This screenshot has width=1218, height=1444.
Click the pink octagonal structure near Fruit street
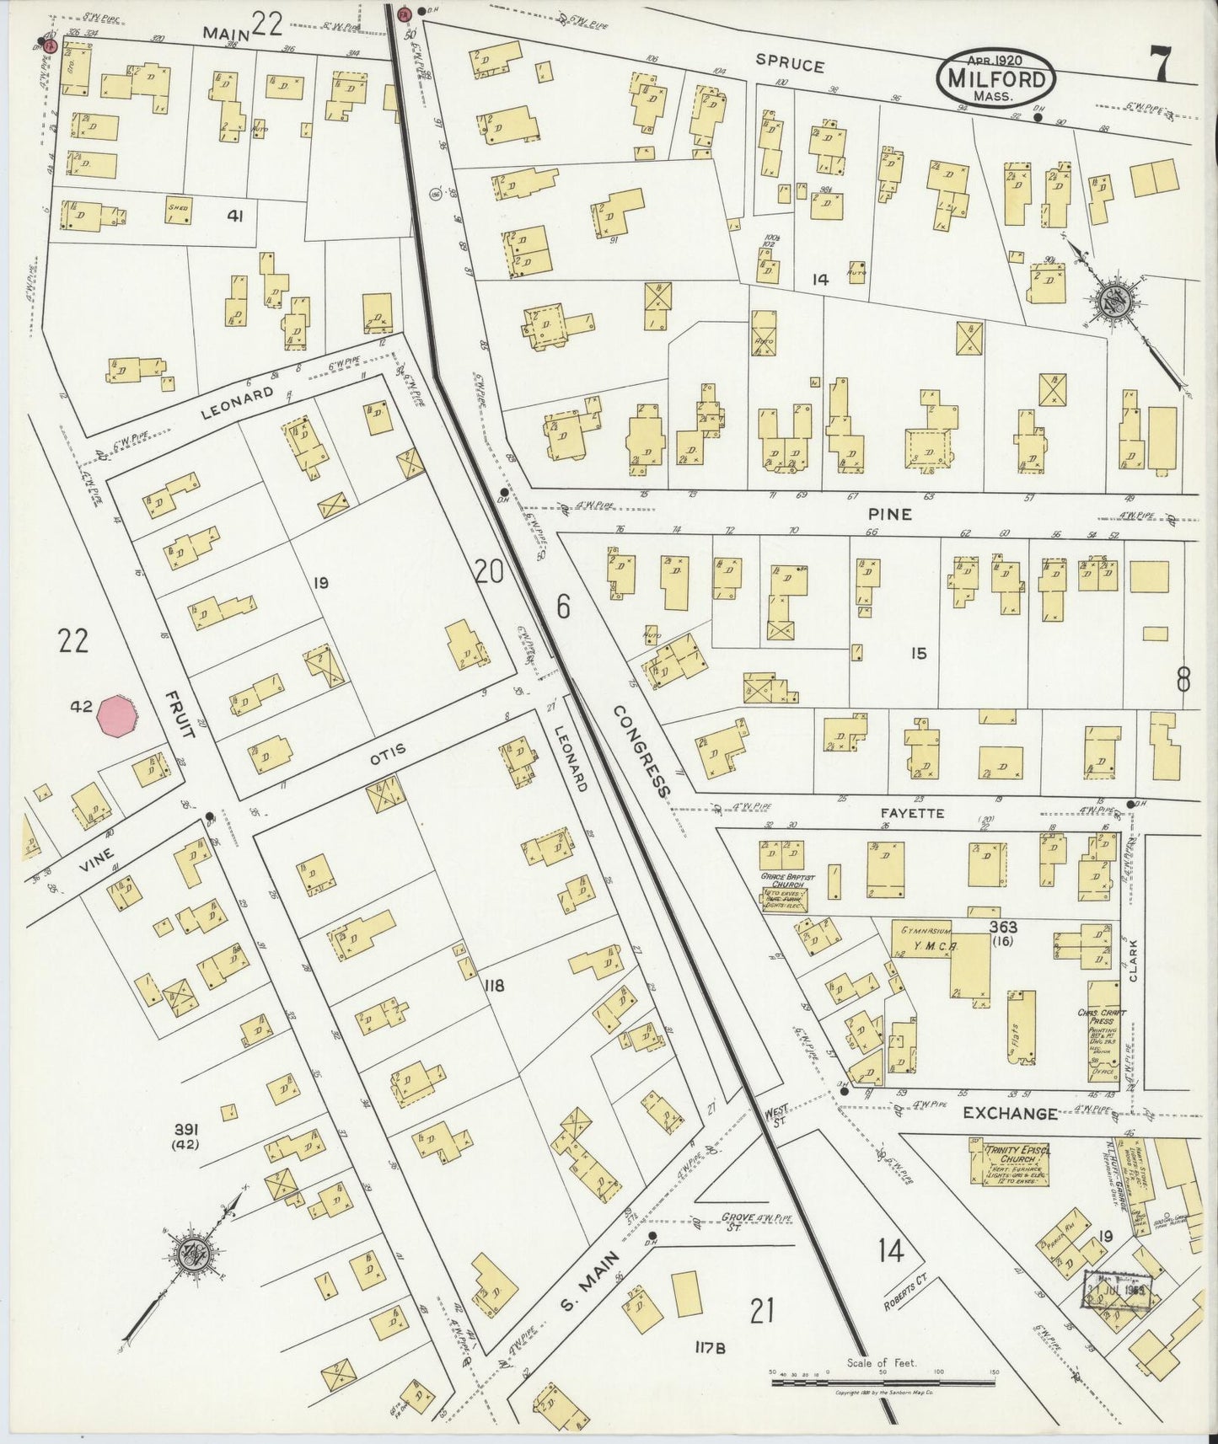[117, 717]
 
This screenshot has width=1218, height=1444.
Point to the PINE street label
[893, 514]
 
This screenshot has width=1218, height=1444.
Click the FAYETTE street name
[912, 814]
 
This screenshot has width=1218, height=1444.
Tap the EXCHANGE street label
[1010, 1114]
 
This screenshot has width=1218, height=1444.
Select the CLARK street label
[1133, 960]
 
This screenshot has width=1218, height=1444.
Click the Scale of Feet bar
[883, 1382]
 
